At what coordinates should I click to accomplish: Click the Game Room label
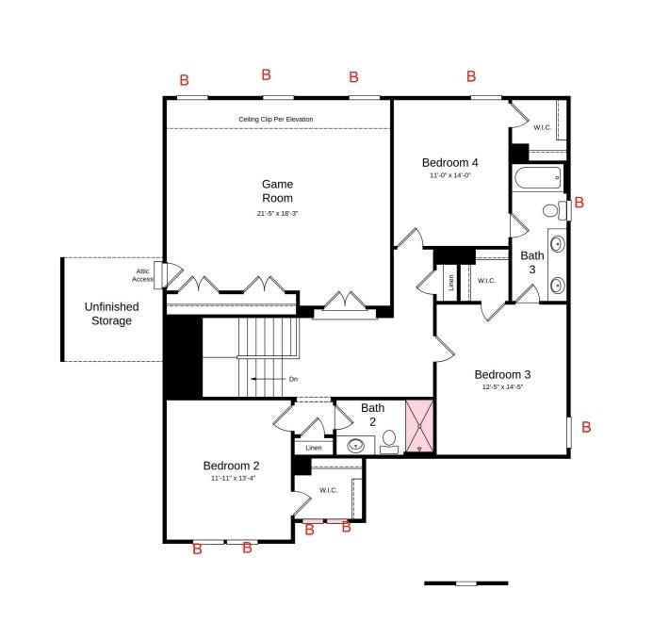pos(277,191)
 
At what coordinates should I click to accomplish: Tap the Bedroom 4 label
pos(455,162)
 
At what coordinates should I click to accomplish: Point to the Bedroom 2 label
pos(232,466)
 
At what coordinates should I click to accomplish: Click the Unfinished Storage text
pos(111,314)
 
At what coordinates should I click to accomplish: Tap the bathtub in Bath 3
pos(537,176)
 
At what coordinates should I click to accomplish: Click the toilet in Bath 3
pos(553,210)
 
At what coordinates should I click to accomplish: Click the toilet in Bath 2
pos(388,445)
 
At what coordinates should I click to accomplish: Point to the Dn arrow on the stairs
pos(273,379)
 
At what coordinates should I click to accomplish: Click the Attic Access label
pos(142,275)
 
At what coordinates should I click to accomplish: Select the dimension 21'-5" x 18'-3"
pos(277,214)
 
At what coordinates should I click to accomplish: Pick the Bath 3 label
pos(532,262)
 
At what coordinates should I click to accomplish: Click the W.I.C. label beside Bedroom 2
pos(329,490)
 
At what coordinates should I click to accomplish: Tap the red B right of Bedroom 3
pos(585,428)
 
